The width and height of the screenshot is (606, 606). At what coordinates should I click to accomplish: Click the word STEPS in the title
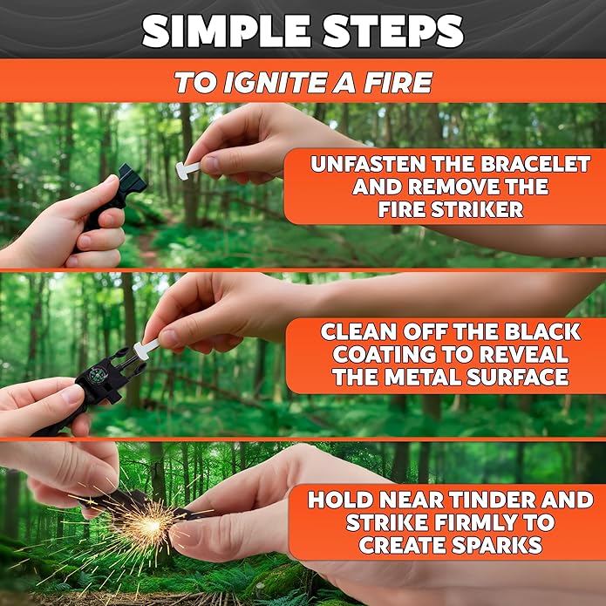(385, 31)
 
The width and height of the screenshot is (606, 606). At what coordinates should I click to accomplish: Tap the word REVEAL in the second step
(519, 355)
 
